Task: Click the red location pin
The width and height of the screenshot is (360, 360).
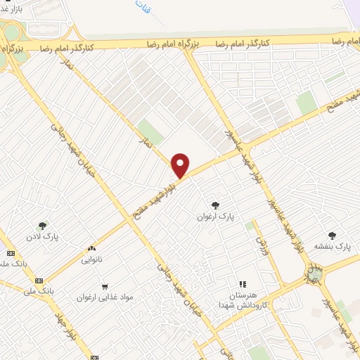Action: (x=181, y=164)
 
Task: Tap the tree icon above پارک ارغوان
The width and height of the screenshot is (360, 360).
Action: (x=215, y=205)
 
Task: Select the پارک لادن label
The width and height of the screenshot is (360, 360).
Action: (x=44, y=237)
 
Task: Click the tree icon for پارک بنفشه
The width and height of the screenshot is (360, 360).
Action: (x=332, y=236)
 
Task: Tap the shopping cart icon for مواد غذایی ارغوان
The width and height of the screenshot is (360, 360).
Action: (x=105, y=286)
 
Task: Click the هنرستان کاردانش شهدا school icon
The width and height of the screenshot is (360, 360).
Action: (x=243, y=284)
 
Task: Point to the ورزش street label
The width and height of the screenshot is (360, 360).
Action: (x=264, y=245)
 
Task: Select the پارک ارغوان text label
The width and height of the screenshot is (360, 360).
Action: (x=215, y=219)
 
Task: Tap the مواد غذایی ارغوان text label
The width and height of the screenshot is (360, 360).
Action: (x=105, y=297)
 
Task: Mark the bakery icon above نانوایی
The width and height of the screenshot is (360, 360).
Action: (x=92, y=249)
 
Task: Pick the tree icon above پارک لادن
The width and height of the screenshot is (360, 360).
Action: (x=44, y=226)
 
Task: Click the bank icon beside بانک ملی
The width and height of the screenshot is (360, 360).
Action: (x=39, y=280)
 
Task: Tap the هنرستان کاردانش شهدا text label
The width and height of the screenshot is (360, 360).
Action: (x=243, y=300)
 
